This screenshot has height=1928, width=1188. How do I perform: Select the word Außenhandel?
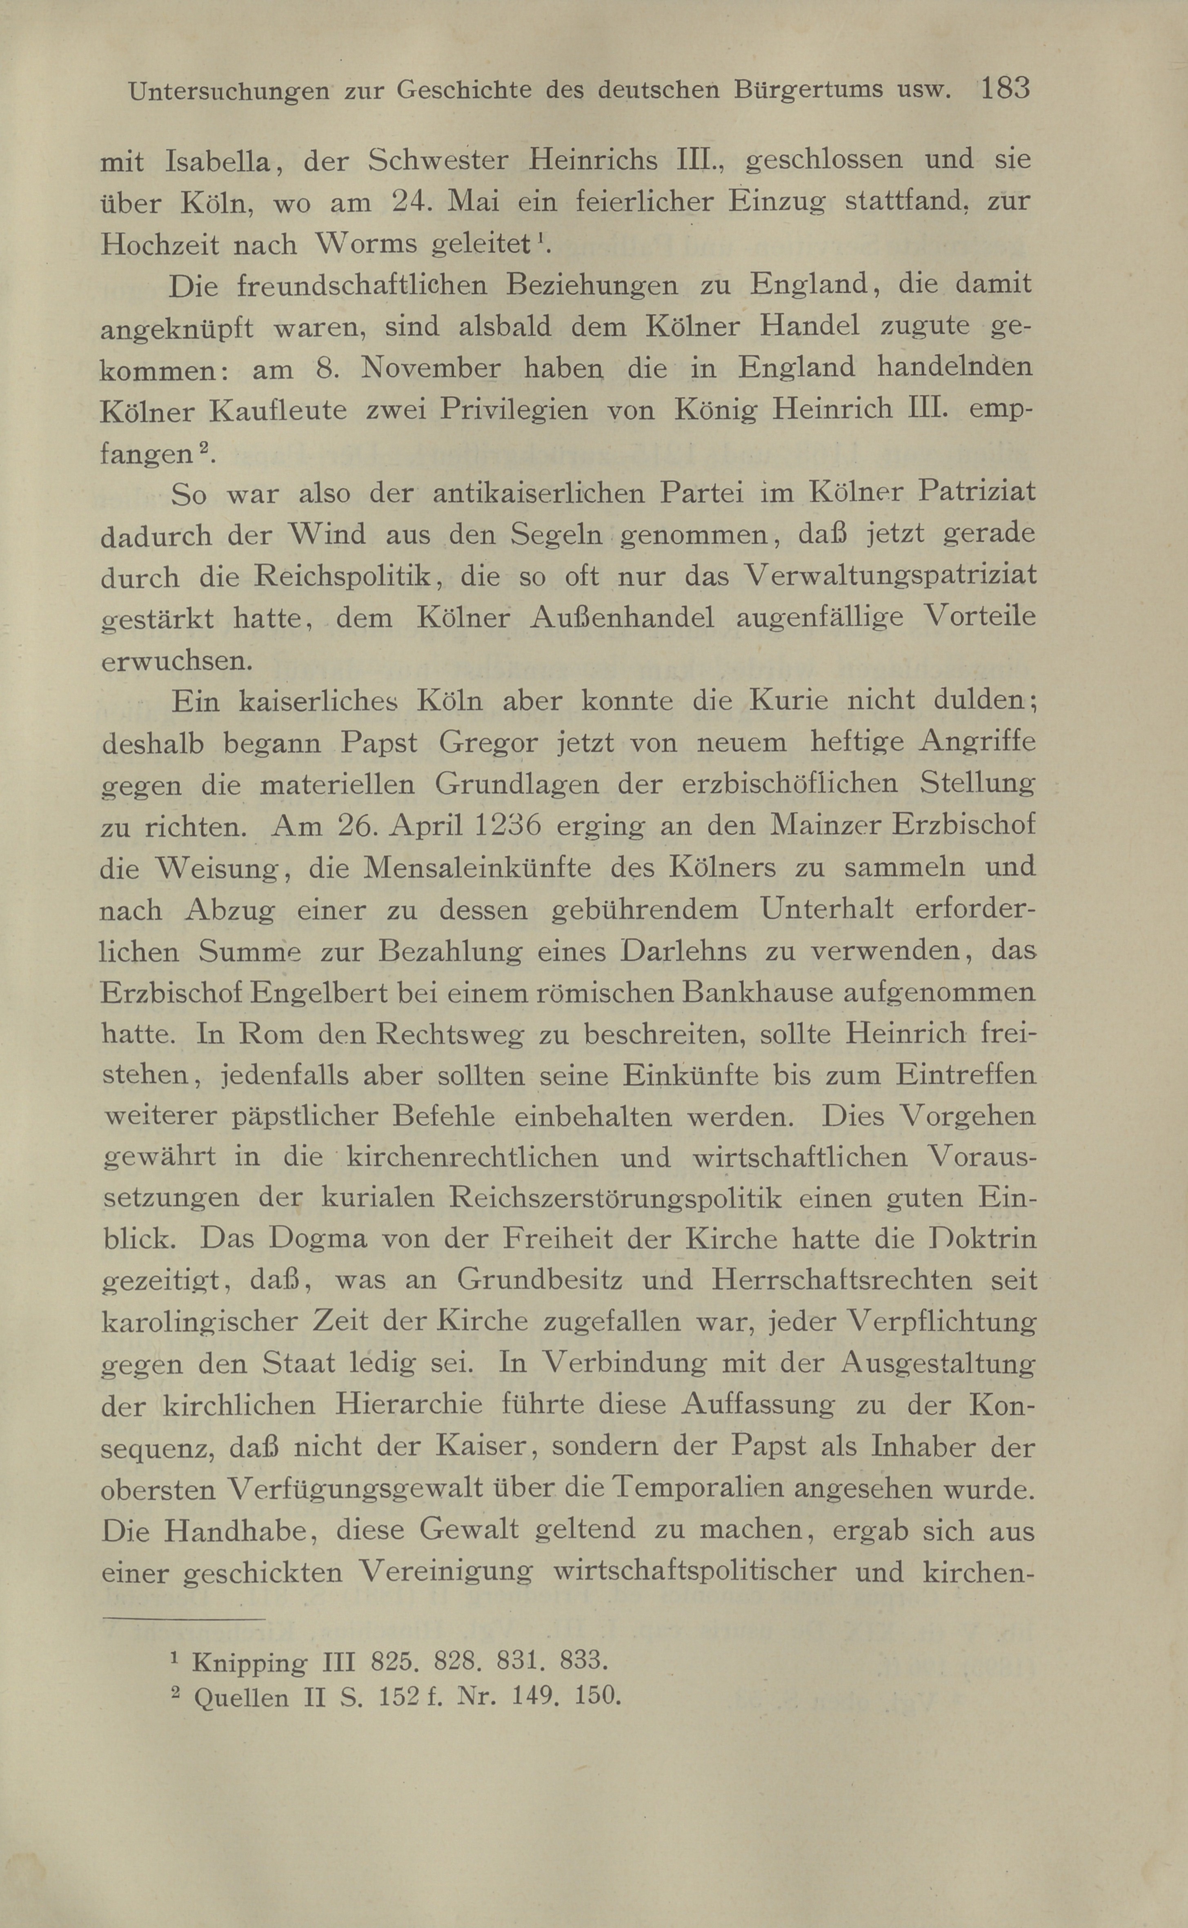622,617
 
